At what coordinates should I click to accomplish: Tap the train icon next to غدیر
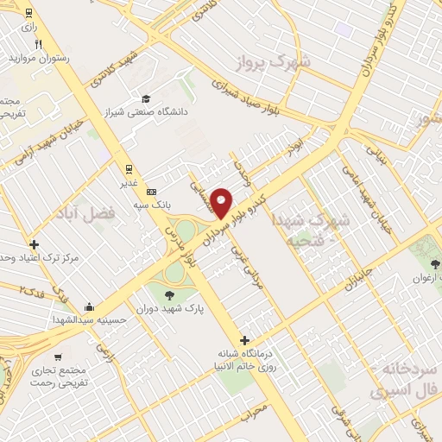pyautogui.click(x=129, y=168)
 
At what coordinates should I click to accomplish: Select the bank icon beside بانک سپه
pyautogui.click(x=152, y=191)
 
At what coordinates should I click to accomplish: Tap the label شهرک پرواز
pyautogui.click(x=268, y=62)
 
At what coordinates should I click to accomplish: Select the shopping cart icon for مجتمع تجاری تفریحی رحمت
pyautogui.click(x=58, y=357)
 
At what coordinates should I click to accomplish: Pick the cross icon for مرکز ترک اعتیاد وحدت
pyautogui.click(x=34, y=244)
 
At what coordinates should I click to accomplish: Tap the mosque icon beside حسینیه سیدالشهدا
pyautogui.click(x=89, y=306)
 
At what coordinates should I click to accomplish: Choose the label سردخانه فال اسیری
pyautogui.click(x=406, y=379)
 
